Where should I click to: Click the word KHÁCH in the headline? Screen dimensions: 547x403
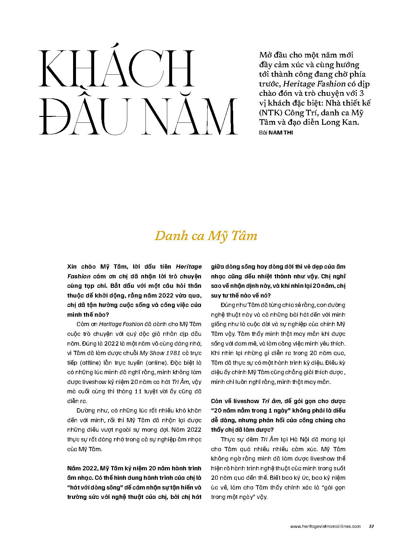click(x=117, y=69)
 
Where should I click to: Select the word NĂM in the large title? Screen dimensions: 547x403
click(x=190, y=117)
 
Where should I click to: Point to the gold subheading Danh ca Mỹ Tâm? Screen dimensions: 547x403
click(x=206, y=236)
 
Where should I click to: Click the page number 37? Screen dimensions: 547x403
click(x=372, y=526)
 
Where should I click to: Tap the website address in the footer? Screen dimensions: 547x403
click(x=325, y=526)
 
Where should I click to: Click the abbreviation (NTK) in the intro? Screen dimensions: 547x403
click(x=271, y=113)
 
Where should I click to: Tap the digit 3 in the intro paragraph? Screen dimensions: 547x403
click(x=361, y=94)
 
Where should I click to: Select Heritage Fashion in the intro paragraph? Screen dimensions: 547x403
click(x=314, y=84)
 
